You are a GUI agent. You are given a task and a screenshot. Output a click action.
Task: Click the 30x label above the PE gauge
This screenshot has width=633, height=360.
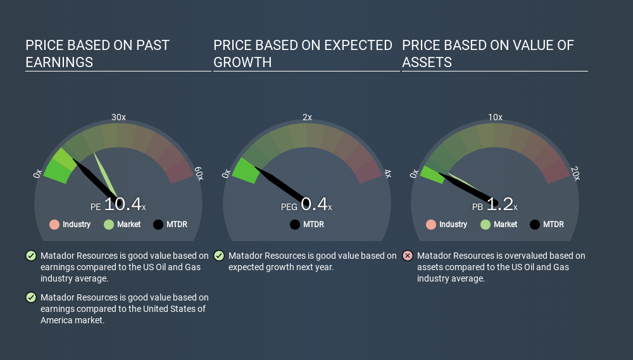pos(119,117)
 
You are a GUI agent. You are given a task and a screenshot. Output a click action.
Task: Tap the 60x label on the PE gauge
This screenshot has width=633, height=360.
pos(199,173)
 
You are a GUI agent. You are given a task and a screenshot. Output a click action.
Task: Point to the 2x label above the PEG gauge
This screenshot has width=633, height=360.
pos(307,117)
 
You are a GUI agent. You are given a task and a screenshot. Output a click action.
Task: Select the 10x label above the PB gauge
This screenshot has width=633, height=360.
pos(496,117)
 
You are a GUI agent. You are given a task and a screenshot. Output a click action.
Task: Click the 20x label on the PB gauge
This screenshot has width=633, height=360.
pos(575,173)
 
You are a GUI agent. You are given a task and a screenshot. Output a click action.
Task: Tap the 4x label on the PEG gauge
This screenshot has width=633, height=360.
pos(387,174)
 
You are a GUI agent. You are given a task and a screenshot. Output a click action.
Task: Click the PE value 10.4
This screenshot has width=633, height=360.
pos(123,204)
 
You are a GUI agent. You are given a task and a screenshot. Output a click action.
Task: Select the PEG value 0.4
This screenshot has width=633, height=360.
pos(314,204)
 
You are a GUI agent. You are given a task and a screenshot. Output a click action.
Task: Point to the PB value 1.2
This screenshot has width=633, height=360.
pos(500,204)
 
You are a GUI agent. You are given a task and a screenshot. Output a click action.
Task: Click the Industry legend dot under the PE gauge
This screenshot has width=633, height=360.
pos(54,225)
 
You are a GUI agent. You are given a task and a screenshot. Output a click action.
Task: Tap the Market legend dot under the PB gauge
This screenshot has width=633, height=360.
pos(486,225)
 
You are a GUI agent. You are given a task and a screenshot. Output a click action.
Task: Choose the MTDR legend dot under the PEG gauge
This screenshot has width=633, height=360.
pos(295,225)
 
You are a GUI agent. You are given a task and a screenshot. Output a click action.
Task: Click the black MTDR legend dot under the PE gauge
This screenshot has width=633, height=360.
pos(158,225)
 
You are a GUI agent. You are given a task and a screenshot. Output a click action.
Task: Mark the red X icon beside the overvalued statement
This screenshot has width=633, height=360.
pos(408,256)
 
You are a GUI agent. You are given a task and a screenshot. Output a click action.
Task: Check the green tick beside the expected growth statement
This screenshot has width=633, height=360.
pos(219,256)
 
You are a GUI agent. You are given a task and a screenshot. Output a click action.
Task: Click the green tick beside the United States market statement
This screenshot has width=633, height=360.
pos(31,297)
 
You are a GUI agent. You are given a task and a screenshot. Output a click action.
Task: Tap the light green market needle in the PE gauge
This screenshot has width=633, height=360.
pos(105,175)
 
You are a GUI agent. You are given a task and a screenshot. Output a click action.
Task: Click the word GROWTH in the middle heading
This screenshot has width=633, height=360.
pos(242,63)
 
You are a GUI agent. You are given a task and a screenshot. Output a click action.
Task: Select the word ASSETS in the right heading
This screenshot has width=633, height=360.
pos(427,63)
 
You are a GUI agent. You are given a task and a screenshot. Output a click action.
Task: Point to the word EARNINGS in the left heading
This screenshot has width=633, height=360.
pos(60,63)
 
